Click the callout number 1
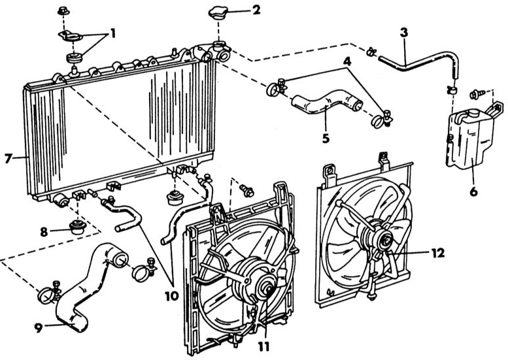click(x=112, y=34)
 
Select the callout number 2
click(x=256, y=10)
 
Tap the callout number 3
click(x=403, y=33)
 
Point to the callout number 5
click(x=326, y=138)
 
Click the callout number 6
click(x=473, y=191)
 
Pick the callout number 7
click(x=8, y=158)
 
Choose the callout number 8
click(x=44, y=231)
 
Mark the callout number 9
click(x=39, y=328)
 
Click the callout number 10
click(x=172, y=295)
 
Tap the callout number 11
click(x=263, y=347)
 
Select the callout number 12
click(x=437, y=253)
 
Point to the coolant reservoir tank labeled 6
click(x=470, y=139)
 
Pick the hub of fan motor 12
click(x=386, y=240)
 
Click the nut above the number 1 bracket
click(x=63, y=11)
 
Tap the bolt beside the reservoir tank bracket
click(x=476, y=94)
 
